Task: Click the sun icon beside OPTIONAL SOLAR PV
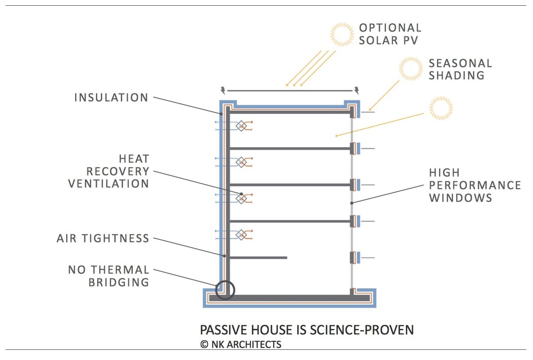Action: [342, 34]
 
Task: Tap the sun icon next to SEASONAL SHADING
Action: [411, 68]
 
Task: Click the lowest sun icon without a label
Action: [441, 108]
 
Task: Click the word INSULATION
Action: [111, 98]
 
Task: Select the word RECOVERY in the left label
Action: [118, 171]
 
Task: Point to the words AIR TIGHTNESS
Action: [103, 238]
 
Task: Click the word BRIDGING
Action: [119, 282]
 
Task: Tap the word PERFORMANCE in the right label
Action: [475, 185]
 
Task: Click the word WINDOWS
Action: [461, 198]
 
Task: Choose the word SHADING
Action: [457, 75]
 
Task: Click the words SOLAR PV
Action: [388, 40]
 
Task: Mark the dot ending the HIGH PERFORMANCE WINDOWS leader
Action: [352, 203]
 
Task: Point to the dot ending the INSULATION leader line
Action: [221, 114]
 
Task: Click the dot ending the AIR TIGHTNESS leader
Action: [224, 256]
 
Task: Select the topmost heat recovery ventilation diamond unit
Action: [241, 126]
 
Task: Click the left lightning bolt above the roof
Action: [223, 91]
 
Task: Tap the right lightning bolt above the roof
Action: [357, 91]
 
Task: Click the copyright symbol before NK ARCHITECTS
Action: [204, 344]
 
